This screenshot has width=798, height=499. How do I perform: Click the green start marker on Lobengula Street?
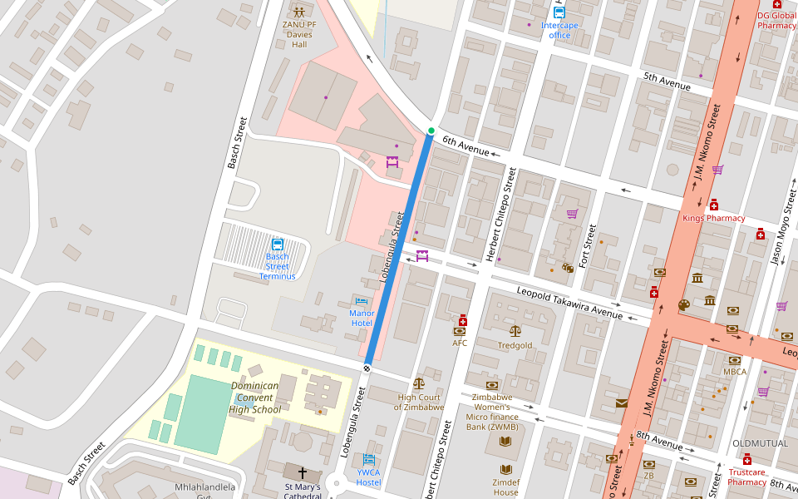[431, 131]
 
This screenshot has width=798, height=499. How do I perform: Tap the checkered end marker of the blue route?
[367, 367]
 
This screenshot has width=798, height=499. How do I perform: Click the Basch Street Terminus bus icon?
[278, 245]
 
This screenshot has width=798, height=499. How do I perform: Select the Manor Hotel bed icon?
[361, 300]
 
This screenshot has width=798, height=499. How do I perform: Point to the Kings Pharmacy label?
[713, 218]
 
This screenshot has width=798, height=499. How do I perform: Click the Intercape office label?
[559, 30]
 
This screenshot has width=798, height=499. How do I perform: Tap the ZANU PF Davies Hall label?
[299, 34]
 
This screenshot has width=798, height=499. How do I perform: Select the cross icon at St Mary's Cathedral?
[302, 472]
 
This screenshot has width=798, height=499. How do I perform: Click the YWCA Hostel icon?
[369, 460]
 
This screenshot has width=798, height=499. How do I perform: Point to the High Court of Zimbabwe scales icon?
[418, 383]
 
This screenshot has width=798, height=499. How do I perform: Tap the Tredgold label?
[515, 345]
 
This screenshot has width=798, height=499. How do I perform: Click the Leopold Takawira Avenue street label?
[569, 304]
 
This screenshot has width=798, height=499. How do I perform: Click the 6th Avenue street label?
[465, 146]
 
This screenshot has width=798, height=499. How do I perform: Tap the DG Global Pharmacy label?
[776, 20]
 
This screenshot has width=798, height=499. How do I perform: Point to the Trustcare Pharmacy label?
[746, 477]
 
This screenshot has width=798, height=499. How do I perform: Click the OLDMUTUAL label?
[759, 443]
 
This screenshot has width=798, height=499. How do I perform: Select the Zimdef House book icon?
[505, 469]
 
